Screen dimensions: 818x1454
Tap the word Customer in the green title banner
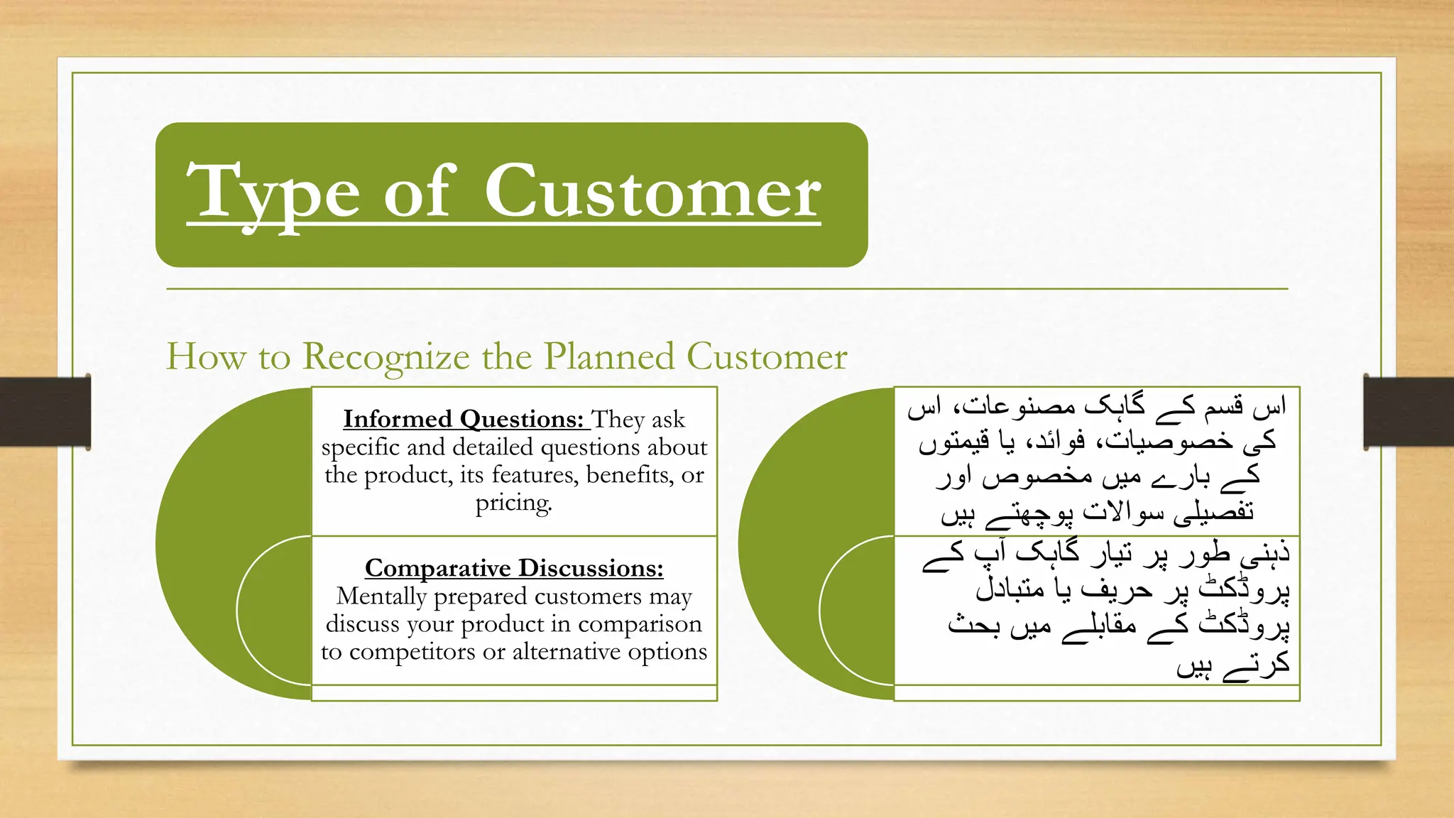click(x=652, y=192)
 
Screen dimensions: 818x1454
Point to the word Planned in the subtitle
click(x=609, y=356)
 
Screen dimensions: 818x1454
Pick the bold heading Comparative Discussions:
click(x=514, y=568)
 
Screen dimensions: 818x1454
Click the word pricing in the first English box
click(x=513, y=503)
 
